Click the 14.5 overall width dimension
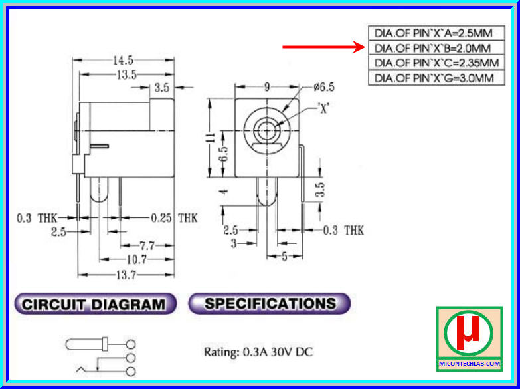tap(122, 61)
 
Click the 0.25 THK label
tap(173, 218)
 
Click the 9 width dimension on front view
tap(266, 87)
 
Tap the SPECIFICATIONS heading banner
tap(270, 303)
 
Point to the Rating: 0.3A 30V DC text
tap(257, 351)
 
